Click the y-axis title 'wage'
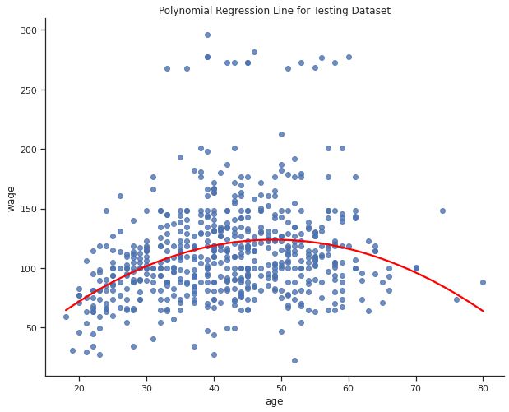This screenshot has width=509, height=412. [12, 197]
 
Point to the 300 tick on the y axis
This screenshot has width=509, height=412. [30, 30]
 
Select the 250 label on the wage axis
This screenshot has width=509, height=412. [30, 90]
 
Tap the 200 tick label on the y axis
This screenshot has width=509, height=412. [30, 150]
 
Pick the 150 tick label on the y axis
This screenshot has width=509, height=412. [30, 209]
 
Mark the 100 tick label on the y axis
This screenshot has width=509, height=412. [30, 269]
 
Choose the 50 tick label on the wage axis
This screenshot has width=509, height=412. [32, 328]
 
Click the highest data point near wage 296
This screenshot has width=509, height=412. [207, 35]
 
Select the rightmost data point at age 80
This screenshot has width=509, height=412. [484, 282]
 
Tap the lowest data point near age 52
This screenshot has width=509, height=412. [294, 360]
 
